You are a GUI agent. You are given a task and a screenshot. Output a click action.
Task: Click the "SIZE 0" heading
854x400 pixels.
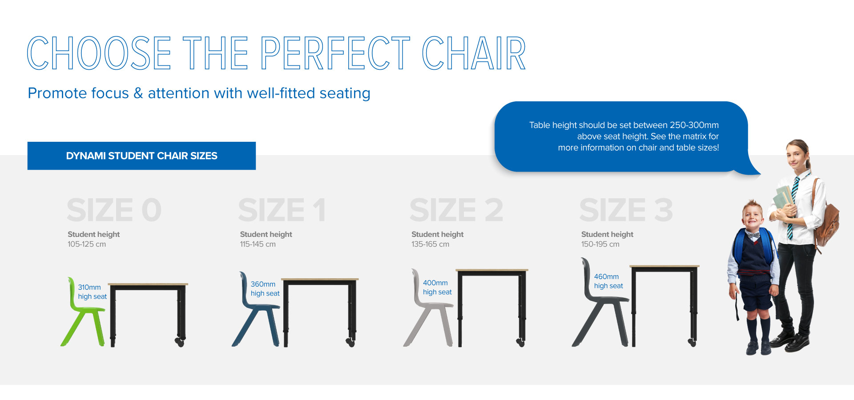pos(114,210)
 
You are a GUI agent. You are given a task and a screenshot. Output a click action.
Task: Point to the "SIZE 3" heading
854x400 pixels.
pos(626,210)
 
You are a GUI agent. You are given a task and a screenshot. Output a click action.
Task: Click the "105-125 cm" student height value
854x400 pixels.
pos(87,244)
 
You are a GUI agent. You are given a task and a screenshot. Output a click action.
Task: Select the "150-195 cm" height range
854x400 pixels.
pos(600,244)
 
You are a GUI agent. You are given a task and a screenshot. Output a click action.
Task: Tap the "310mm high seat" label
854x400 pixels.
pos(92,292)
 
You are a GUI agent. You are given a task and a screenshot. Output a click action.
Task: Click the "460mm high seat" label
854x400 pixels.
pos(608,281)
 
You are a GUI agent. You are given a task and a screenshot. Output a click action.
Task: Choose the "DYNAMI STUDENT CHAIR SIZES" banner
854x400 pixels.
pos(141,156)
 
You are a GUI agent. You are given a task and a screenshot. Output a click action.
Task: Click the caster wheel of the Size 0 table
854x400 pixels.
pos(180,342)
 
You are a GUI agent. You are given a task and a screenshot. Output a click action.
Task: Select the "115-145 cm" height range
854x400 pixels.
pos(258,244)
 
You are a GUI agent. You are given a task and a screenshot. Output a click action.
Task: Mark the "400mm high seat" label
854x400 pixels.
pos(437,287)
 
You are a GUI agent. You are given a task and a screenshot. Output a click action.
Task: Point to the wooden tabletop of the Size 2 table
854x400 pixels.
pos(492,270)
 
